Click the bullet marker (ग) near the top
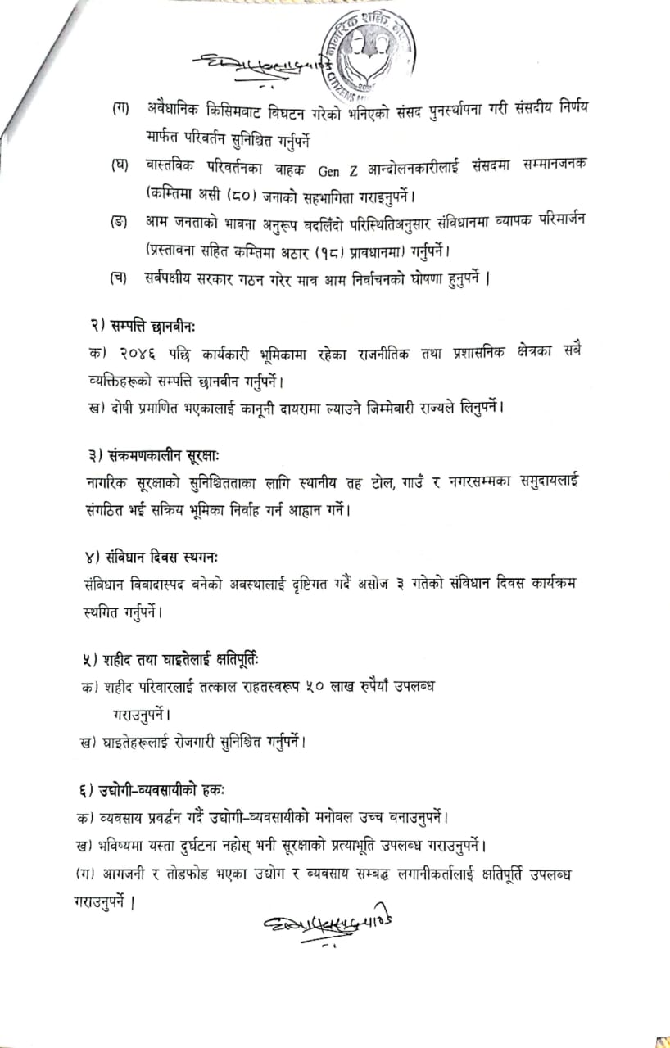[x=120, y=108]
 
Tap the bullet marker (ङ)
[x=120, y=222]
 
